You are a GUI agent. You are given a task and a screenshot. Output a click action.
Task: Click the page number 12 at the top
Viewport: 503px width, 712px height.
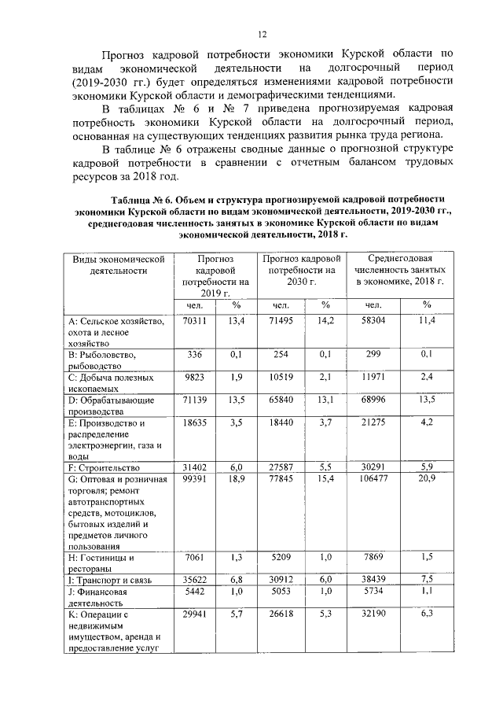pos(263,34)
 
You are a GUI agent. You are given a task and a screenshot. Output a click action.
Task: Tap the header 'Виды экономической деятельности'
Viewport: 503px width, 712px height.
pos(117,264)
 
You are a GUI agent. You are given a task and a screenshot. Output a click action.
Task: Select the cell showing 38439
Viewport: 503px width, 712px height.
pos(373,579)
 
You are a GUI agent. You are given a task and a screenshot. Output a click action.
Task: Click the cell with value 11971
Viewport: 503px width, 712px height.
pos(373,377)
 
